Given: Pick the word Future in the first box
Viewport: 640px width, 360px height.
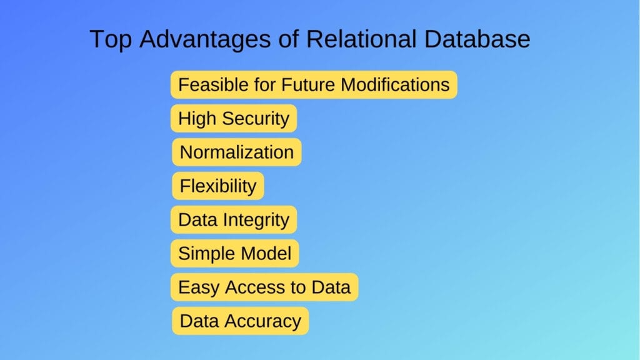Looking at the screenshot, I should (x=311, y=85).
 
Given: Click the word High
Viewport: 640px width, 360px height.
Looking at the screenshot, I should (x=195, y=119).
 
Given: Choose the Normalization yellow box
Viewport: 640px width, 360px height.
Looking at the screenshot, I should (x=237, y=152).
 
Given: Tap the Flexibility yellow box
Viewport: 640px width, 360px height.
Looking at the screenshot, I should (x=218, y=186).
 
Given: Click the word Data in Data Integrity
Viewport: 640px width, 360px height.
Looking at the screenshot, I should (x=196, y=220).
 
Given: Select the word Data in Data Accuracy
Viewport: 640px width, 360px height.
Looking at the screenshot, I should (x=198, y=321).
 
